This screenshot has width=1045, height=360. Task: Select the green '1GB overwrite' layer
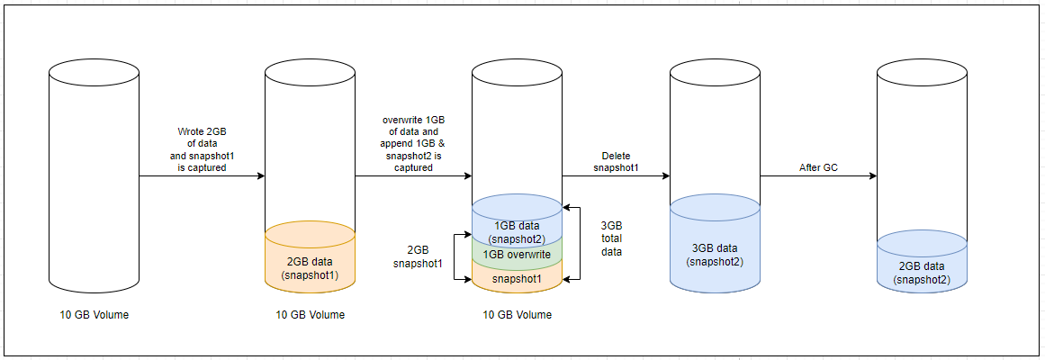[x=517, y=254]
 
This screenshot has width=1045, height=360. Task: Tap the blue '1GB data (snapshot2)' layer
[x=517, y=230]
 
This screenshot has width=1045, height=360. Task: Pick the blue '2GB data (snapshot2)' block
[x=922, y=271]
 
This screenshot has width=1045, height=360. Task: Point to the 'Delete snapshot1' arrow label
[x=617, y=161]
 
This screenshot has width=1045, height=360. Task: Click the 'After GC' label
[x=819, y=167]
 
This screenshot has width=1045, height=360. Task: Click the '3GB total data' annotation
[x=611, y=240]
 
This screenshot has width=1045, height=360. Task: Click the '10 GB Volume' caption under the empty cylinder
[x=95, y=314]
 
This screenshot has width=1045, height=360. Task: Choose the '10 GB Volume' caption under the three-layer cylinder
[x=518, y=314]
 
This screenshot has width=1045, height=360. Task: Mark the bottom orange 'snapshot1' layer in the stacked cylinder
[x=517, y=277]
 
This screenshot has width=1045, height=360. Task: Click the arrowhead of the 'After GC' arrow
[x=872, y=176]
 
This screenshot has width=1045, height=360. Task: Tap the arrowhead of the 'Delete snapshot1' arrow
[x=665, y=176]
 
